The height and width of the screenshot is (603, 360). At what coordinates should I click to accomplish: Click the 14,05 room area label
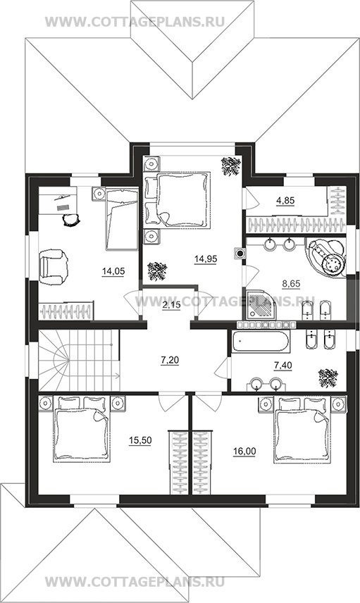[113, 271]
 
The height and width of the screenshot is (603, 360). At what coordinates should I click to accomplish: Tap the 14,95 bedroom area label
[206, 259]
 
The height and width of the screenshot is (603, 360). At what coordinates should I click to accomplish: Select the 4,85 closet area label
[285, 200]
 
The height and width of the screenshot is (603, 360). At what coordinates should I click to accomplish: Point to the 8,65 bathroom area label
[291, 284]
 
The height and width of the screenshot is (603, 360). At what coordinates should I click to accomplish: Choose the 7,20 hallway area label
[170, 361]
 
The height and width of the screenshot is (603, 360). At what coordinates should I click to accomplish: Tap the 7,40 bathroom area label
[283, 365]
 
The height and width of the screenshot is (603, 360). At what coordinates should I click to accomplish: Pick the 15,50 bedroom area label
[140, 441]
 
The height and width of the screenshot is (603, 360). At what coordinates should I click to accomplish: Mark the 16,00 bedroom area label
[244, 451]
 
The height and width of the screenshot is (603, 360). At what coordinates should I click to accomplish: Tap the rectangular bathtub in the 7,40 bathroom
[261, 342]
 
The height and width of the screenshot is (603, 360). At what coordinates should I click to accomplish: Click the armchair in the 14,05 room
[54, 267]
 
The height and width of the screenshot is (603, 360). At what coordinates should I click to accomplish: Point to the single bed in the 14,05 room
[122, 219]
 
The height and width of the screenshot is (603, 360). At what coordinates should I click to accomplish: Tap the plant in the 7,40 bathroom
[328, 378]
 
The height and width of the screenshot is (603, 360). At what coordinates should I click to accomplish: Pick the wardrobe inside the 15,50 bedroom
[179, 463]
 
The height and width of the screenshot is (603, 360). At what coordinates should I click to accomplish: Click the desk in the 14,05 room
[58, 200]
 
